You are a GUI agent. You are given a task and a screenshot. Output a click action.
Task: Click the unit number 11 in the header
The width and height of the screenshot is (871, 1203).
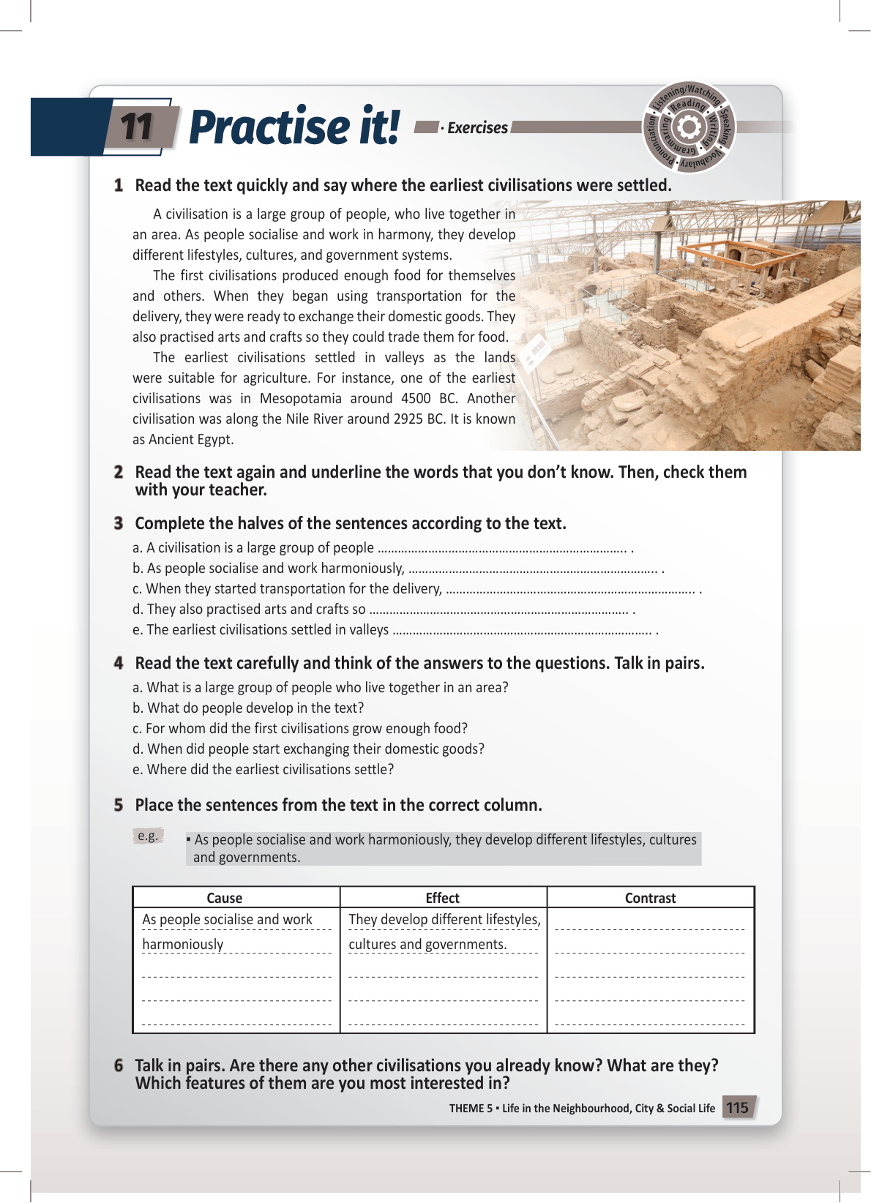(136, 127)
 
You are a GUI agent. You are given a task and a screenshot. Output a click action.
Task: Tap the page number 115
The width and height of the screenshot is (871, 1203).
(737, 1108)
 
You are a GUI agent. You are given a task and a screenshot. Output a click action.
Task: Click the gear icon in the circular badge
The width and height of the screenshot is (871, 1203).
(688, 128)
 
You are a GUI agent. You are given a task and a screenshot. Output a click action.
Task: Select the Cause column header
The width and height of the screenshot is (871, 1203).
(224, 898)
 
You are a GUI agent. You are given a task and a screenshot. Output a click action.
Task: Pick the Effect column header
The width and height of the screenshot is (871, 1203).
(443, 898)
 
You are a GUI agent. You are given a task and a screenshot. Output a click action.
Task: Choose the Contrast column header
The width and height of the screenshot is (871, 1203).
(650, 898)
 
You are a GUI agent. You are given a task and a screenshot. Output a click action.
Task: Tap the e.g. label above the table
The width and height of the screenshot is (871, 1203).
(148, 836)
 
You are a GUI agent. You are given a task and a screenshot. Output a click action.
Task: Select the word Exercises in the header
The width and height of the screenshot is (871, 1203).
(477, 128)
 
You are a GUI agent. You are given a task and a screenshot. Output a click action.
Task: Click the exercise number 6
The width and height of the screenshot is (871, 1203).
(119, 1065)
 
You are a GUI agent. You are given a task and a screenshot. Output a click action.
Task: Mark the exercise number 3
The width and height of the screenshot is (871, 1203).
(119, 523)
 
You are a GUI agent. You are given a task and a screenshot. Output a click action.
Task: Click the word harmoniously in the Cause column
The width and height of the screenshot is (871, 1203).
(183, 945)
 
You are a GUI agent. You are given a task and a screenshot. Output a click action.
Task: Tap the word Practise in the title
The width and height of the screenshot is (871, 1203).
(269, 127)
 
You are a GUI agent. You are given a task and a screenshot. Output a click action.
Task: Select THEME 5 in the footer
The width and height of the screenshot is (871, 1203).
(471, 1109)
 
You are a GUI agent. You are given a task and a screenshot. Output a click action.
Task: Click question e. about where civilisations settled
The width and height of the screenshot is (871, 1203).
(270, 770)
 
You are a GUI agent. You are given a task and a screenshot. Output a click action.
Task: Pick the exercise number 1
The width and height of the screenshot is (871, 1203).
(119, 185)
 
